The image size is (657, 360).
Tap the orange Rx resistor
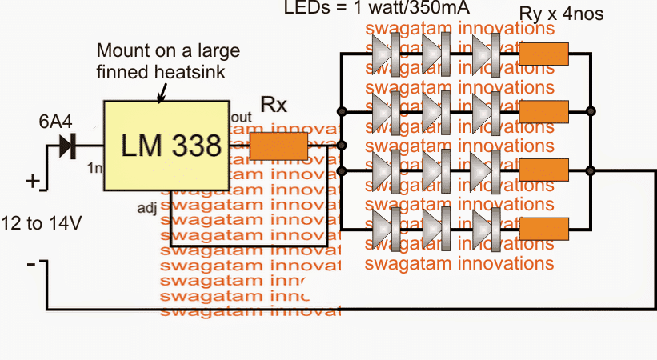(x=278, y=146)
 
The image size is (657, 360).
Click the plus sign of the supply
(x=33, y=182)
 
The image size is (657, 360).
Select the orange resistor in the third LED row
(x=544, y=170)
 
